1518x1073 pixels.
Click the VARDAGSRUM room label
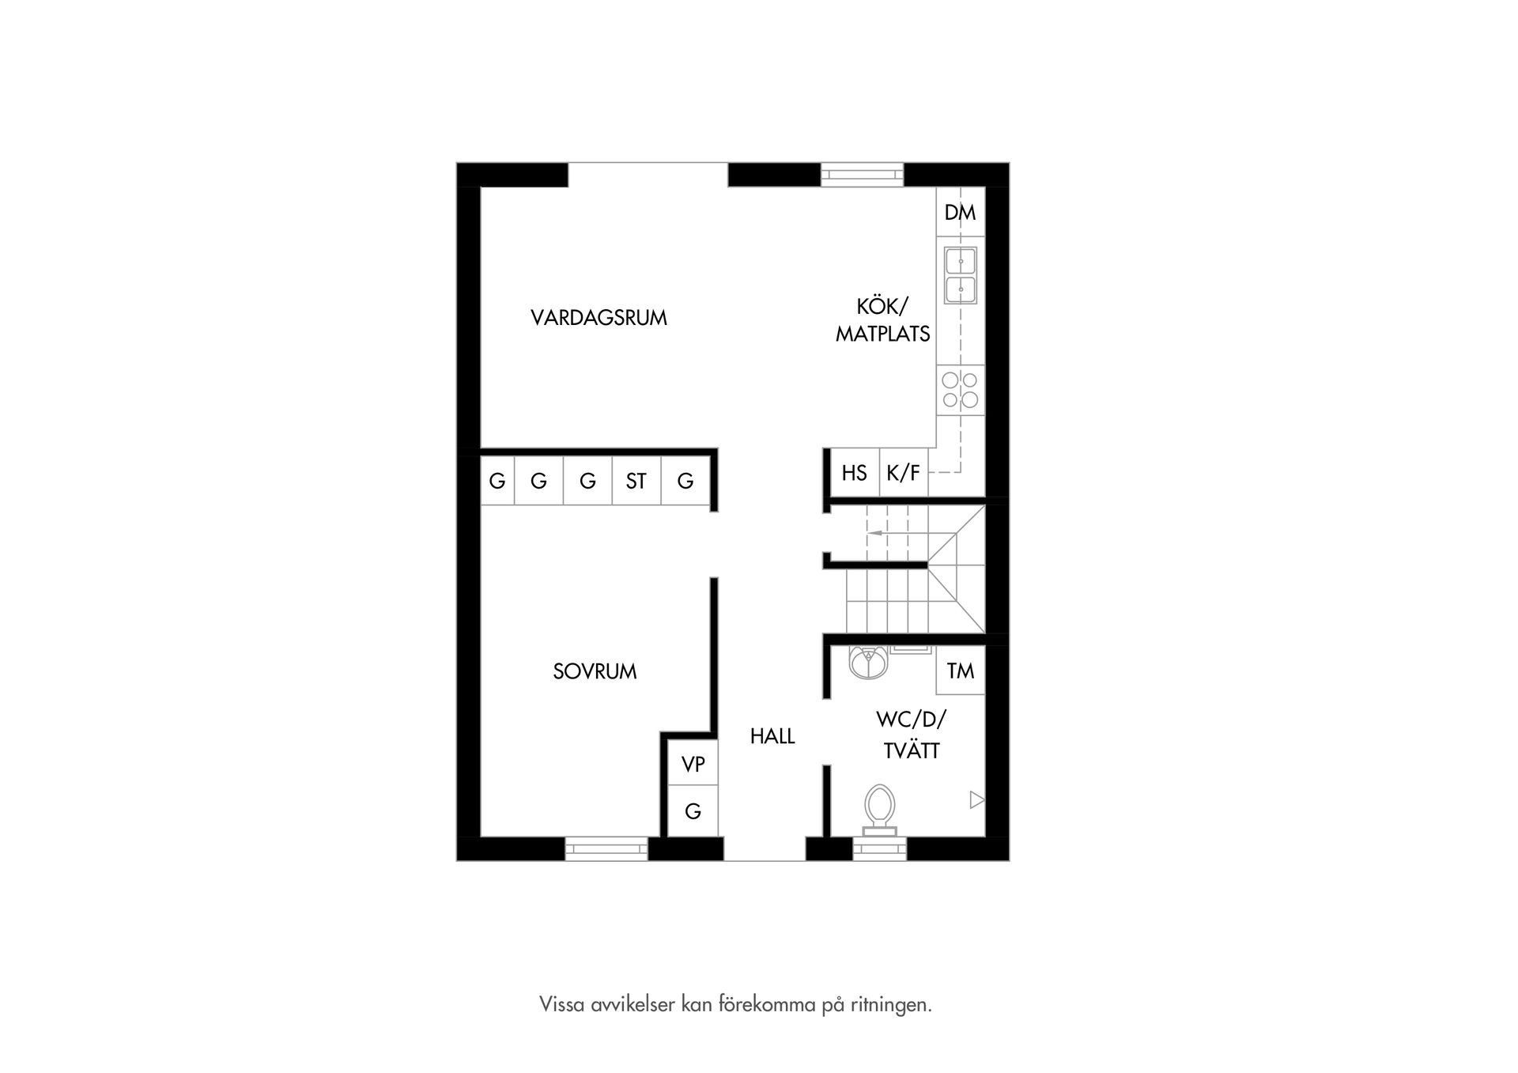pos(599,318)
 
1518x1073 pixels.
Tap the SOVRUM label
pos(595,671)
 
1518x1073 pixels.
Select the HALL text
pos(772,736)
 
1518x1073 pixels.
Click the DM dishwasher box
pos(960,212)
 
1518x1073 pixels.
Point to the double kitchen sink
pos(960,274)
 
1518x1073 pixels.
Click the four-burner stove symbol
pos(960,390)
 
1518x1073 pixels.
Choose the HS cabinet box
pos(854,473)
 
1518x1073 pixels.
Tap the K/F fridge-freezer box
pos(903,473)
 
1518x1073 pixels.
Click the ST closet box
pos(636,481)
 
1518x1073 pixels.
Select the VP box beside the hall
pos(693,764)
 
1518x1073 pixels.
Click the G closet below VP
pos(693,811)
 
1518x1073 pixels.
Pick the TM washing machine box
pos(960,671)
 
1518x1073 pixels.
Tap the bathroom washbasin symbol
pos(869,662)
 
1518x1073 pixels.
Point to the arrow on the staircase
pos(875,534)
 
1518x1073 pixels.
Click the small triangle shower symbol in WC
pos(976,800)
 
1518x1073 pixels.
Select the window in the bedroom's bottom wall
pos(606,848)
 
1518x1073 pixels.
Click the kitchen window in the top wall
pos(862,174)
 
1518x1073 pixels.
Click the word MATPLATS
pos(882,334)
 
